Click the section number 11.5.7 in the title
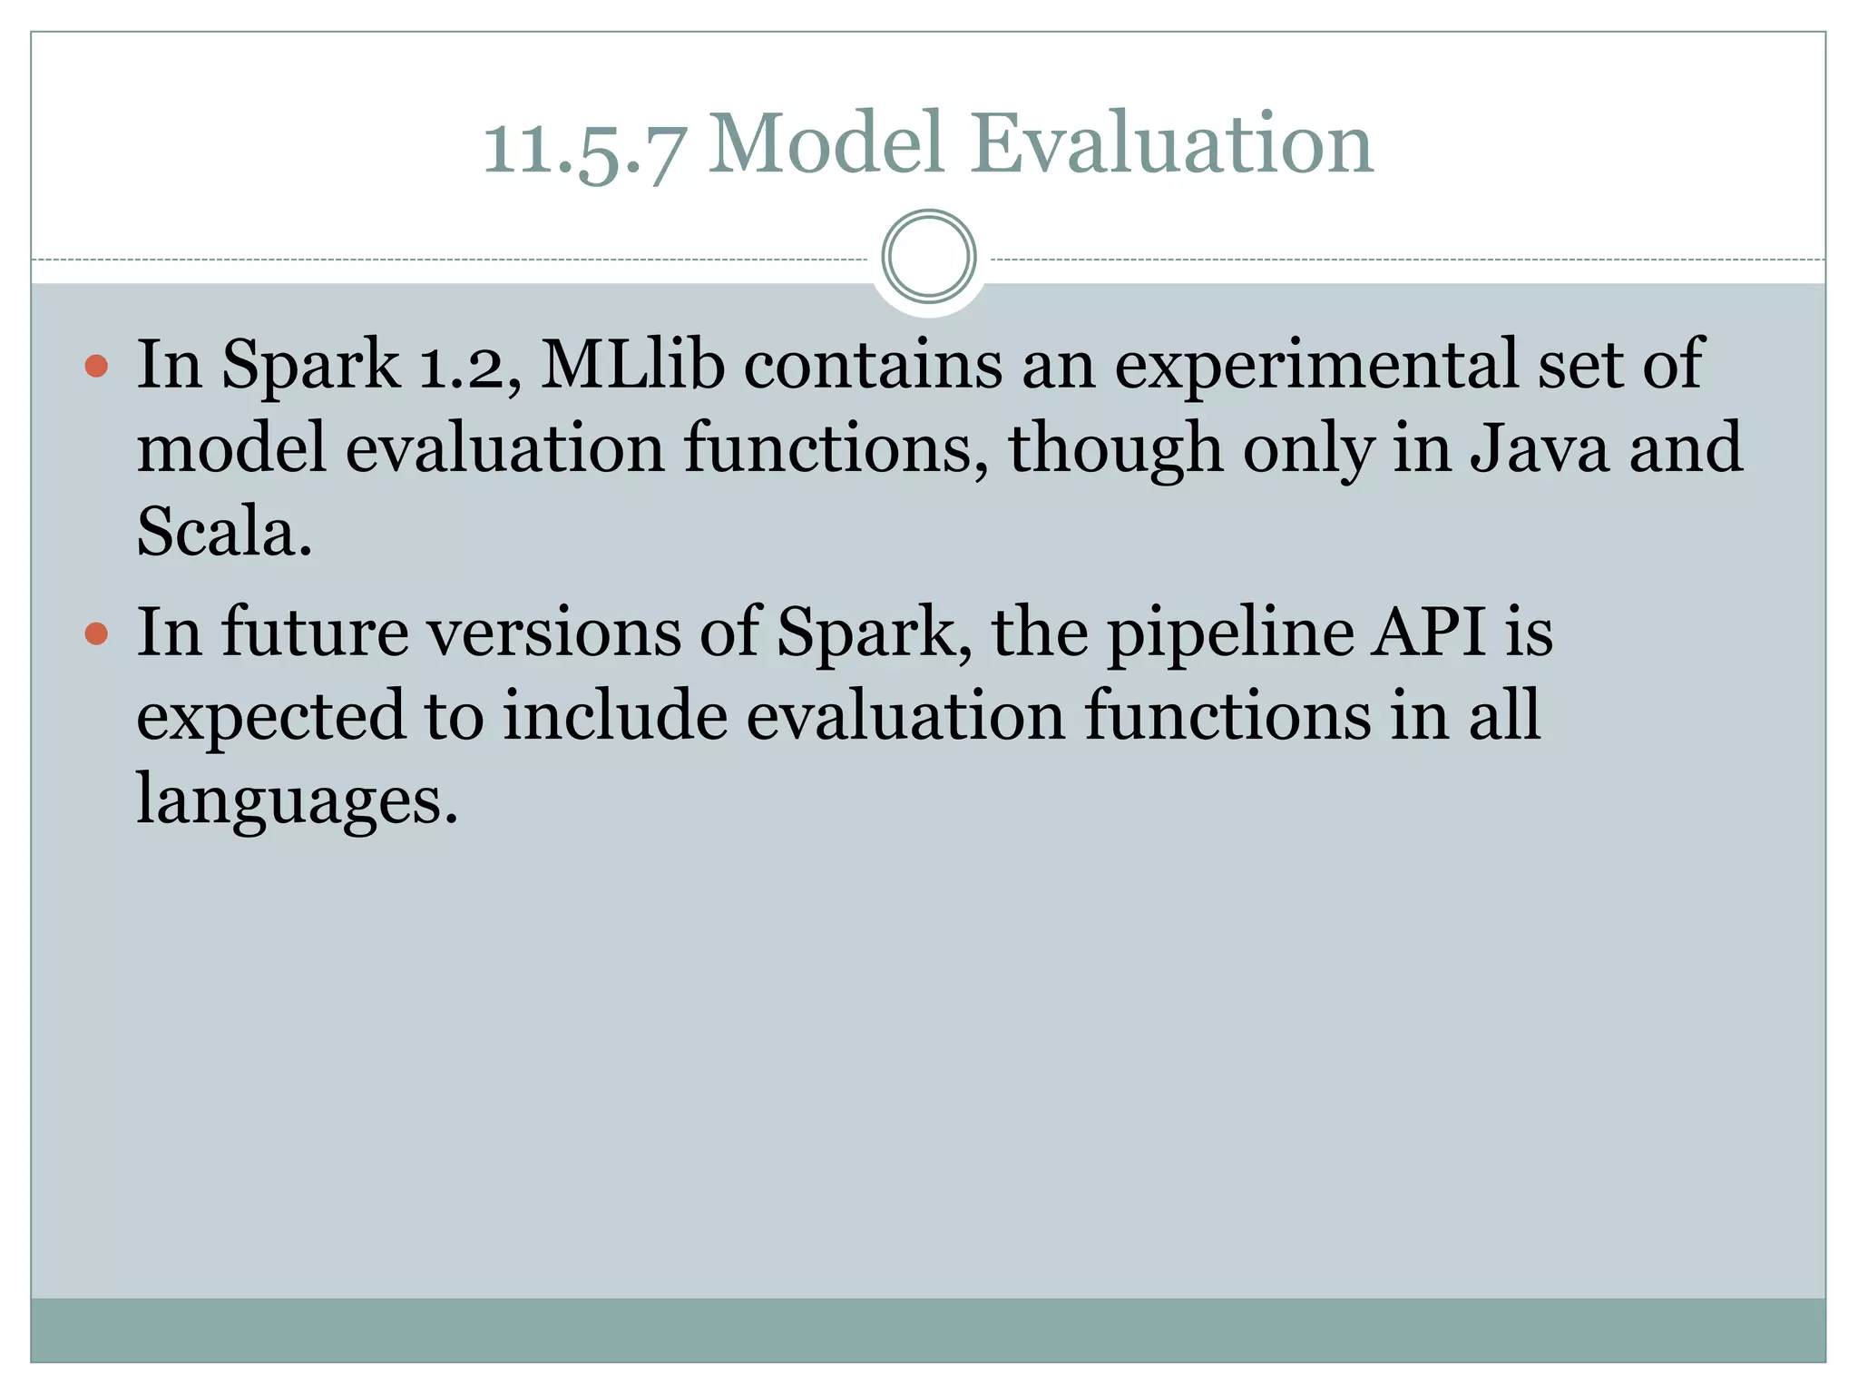pos(582,145)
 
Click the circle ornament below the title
pos(929,257)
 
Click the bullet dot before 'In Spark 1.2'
pos(96,367)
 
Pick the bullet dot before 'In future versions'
pos(96,633)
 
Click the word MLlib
pos(632,363)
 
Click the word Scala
pos(224,531)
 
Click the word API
pos(1428,631)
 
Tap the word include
pos(615,714)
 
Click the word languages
pos(297,801)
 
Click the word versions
pos(554,631)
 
